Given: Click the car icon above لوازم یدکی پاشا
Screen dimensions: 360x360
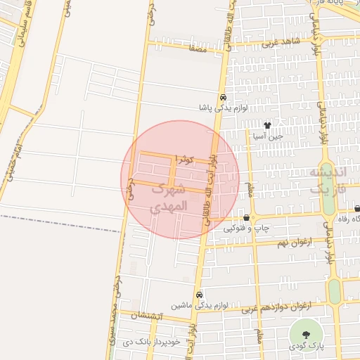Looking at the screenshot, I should click(223, 98).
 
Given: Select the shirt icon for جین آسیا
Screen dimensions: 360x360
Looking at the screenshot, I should click(267, 124).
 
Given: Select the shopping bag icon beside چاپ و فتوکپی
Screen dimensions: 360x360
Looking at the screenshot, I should click(245, 218).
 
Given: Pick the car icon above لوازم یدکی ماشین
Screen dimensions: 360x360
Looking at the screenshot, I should click(200, 295).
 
